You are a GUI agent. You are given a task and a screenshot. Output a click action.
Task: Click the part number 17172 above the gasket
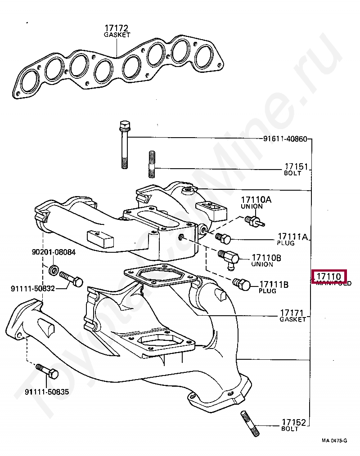[x=116, y=28]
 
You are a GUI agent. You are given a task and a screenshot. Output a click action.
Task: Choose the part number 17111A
[x=292, y=237]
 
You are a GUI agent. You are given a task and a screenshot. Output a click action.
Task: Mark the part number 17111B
[x=273, y=285]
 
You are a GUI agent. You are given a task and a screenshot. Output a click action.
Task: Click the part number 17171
[x=293, y=313]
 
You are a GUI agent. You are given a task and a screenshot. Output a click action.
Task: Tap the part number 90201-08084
[x=54, y=252]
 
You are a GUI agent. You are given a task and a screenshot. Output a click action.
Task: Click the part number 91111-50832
[x=33, y=288]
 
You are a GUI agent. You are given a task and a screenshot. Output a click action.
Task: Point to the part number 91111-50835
[x=47, y=392]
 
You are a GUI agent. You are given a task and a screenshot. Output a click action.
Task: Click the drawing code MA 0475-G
[x=334, y=441]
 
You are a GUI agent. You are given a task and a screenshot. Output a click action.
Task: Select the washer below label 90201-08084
[x=53, y=270]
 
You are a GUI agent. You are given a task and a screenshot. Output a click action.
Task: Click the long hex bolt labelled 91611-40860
[x=125, y=144]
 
